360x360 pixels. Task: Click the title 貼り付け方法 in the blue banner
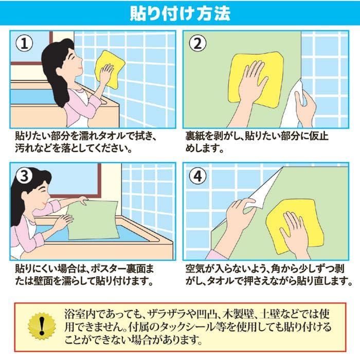click(179, 12)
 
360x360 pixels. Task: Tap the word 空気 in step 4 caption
click(194, 269)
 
